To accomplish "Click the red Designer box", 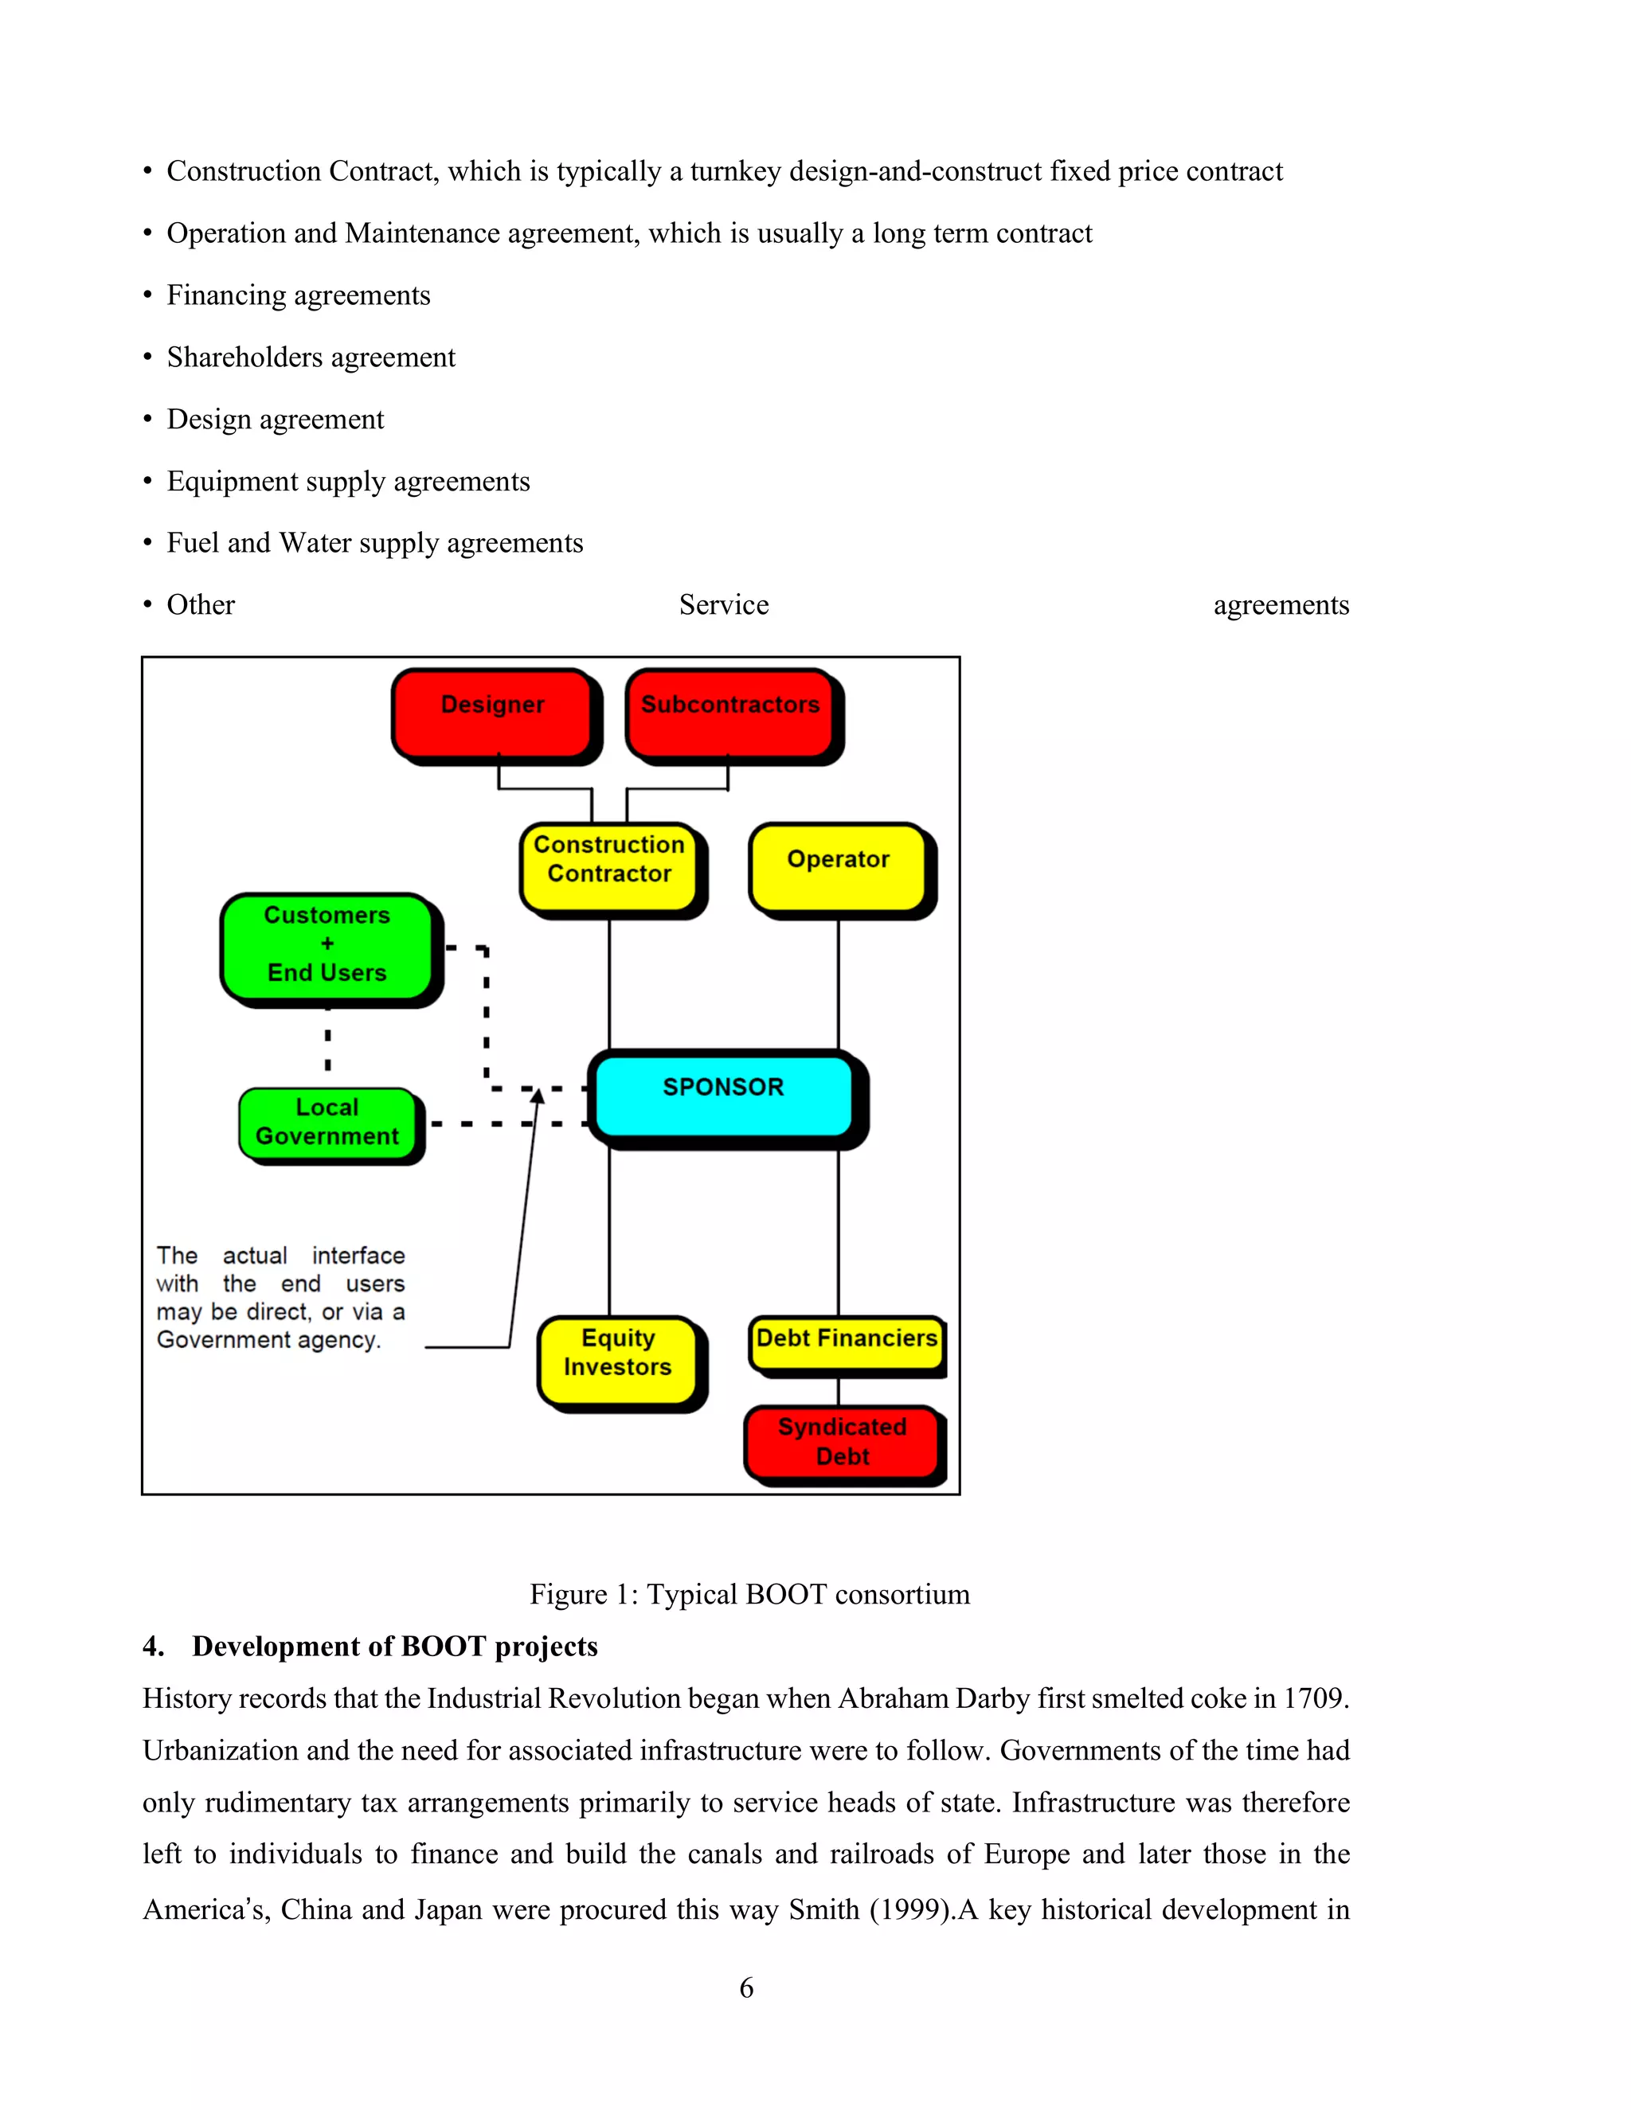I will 492,712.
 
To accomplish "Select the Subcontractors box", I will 729,712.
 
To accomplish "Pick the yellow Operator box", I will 838,865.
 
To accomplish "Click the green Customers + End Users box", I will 327,946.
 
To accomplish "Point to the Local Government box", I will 327,1123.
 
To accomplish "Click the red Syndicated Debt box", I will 842,1443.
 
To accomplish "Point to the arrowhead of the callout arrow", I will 538,1094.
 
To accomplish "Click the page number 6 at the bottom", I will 746,1988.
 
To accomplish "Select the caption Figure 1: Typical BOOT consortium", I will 749,1594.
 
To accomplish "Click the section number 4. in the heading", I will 153,1647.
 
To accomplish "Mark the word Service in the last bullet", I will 724,605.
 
